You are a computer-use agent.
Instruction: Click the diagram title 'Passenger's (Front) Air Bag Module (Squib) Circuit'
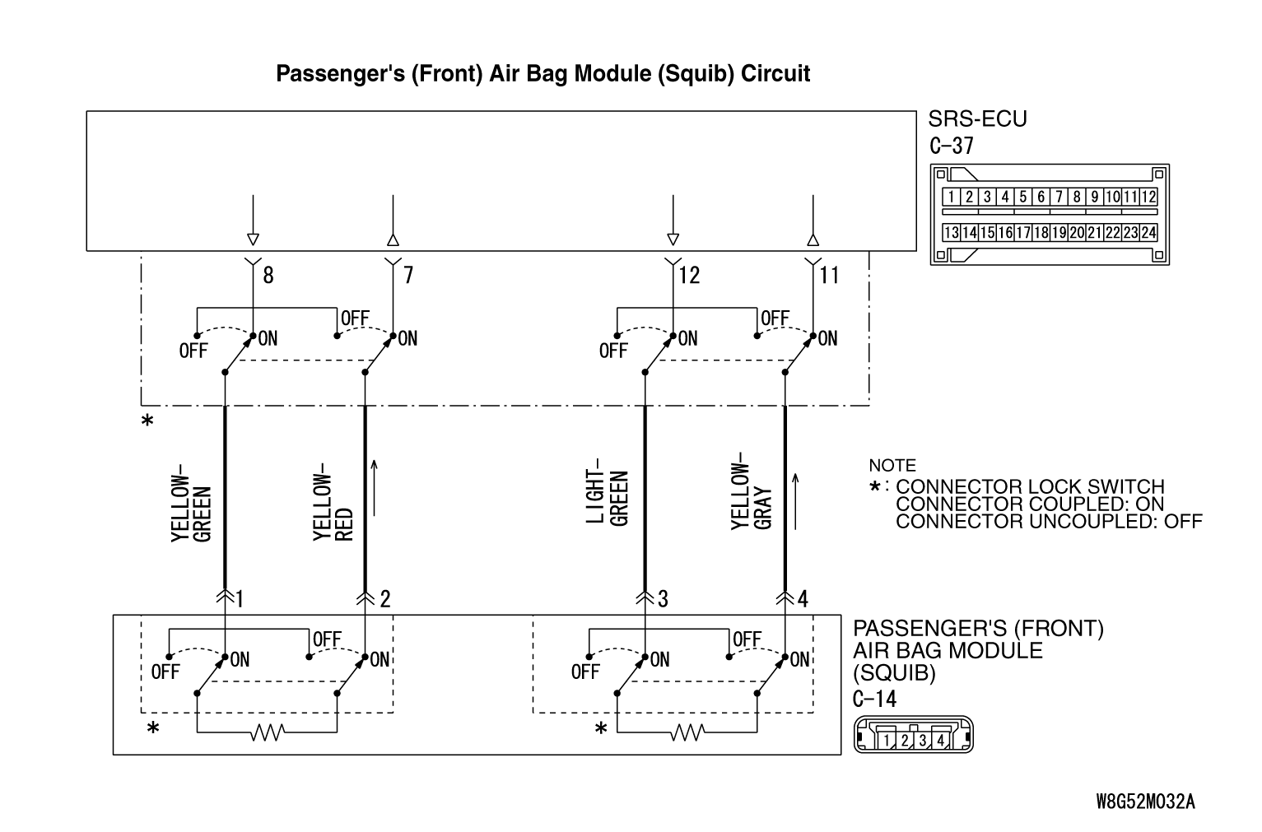click(543, 74)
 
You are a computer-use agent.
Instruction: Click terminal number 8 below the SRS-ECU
click(268, 275)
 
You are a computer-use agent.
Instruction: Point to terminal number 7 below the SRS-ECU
click(407, 275)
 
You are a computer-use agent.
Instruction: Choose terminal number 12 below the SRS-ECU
click(690, 275)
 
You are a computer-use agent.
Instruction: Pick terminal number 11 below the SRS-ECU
click(829, 275)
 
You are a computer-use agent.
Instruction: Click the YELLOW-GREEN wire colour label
click(192, 508)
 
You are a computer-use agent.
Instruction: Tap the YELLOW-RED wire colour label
click(333, 503)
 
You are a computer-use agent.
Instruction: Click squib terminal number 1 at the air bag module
click(239, 598)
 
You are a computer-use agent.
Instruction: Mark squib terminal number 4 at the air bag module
click(803, 598)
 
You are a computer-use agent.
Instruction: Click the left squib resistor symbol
click(268, 731)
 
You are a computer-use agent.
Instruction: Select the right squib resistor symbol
click(687, 731)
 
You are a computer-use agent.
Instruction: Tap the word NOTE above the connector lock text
click(892, 466)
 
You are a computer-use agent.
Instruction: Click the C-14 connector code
click(875, 699)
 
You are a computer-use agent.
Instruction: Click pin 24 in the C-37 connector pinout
click(1148, 233)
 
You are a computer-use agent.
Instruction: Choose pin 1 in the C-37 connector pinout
click(951, 197)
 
